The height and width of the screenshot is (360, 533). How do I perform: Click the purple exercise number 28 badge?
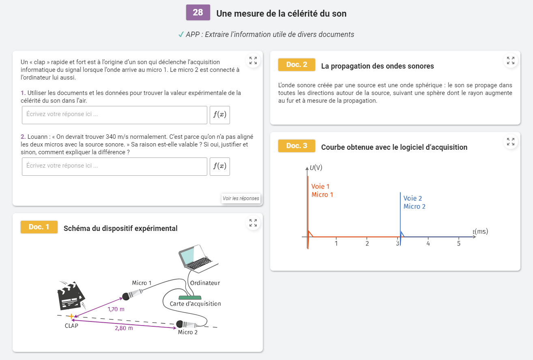198,13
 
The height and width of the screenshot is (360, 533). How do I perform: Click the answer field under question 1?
114,115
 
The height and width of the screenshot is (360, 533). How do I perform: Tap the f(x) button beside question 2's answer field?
219,167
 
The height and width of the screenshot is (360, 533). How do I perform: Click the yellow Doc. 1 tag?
39,227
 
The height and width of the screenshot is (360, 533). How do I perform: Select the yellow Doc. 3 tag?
297,146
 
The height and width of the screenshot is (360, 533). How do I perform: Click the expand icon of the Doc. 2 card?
510,60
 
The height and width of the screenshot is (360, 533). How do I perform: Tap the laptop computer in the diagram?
198,259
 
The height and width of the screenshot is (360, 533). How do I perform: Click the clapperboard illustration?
71,296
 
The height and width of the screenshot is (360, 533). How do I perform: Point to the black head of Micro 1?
126,297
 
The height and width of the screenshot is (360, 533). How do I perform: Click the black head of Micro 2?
179,324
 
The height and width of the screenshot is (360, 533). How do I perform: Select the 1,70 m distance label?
116,309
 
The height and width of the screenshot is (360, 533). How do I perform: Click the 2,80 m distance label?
124,328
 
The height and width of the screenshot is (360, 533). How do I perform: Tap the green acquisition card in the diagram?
190,297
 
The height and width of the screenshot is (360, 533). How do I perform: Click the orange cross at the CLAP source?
71,316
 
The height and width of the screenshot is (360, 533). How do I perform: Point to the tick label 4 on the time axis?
428,244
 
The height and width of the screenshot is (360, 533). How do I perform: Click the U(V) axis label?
316,168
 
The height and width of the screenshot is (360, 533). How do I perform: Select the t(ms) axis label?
480,231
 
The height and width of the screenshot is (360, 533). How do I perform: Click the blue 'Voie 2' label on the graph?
413,198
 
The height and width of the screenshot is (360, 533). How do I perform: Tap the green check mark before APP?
181,34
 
